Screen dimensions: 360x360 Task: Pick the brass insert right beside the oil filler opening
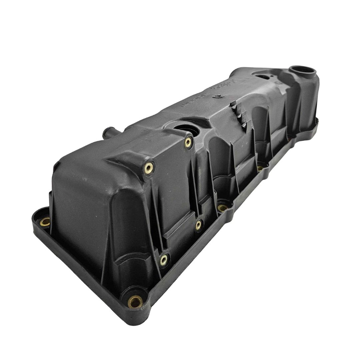click(x=189, y=142)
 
